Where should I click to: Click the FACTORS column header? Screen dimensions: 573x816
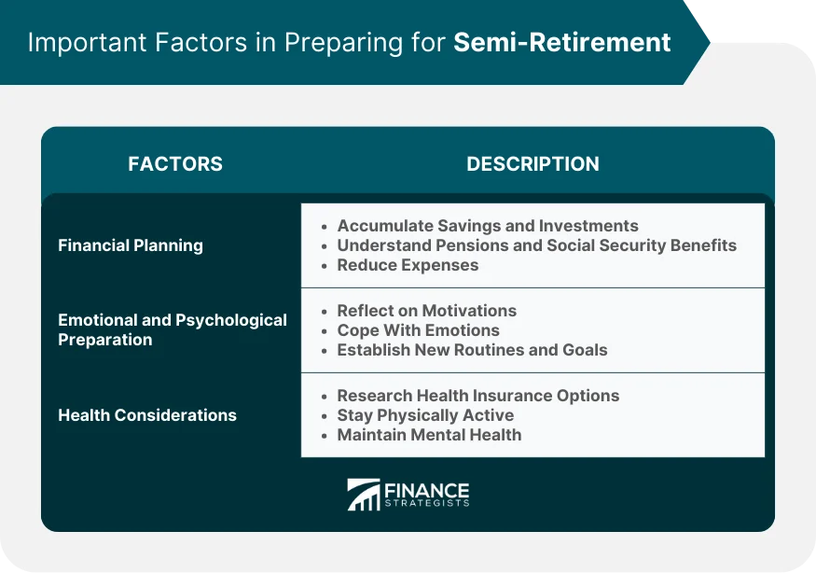pyautogui.click(x=175, y=164)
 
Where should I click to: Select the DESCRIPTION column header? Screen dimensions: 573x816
pyautogui.click(x=532, y=164)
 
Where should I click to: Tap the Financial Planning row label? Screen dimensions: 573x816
pyautogui.click(x=131, y=245)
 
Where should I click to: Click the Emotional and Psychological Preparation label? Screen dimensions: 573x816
pyautogui.click(x=173, y=329)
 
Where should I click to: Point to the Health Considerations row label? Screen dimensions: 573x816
pyautogui.click(x=147, y=415)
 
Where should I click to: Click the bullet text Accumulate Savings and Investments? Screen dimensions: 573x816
pyautogui.click(x=488, y=226)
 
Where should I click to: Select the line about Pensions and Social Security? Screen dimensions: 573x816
pyautogui.click(x=536, y=245)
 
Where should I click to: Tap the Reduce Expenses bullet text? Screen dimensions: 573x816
pyautogui.click(x=408, y=265)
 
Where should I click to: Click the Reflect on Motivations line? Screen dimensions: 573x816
pyautogui.click(x=426, y=311)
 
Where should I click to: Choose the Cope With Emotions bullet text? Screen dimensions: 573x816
pyautogui.click(x=418, y=330)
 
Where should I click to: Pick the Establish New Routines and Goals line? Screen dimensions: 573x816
pyautogui.click(x=472, y=350)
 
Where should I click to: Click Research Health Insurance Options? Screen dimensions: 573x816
pyautogui.click(x=477, y=396)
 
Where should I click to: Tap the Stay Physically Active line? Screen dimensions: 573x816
pyautogui.click(x=425, y=415)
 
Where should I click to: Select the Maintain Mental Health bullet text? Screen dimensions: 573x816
pyautogui.click(x=429, y=435)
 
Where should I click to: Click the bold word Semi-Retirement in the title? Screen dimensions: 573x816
pyautogui.click(x=562, y=43)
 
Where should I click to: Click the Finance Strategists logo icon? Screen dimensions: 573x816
pyautogui.click(x=363, y=495)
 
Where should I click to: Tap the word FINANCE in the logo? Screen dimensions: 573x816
pyautogui.click(x=426, y=490)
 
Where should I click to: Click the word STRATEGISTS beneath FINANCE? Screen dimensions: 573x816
pyautogui.click(x=426, y=504)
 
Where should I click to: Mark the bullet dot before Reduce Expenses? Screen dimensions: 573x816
pyautogui.click(x=324, y=266)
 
